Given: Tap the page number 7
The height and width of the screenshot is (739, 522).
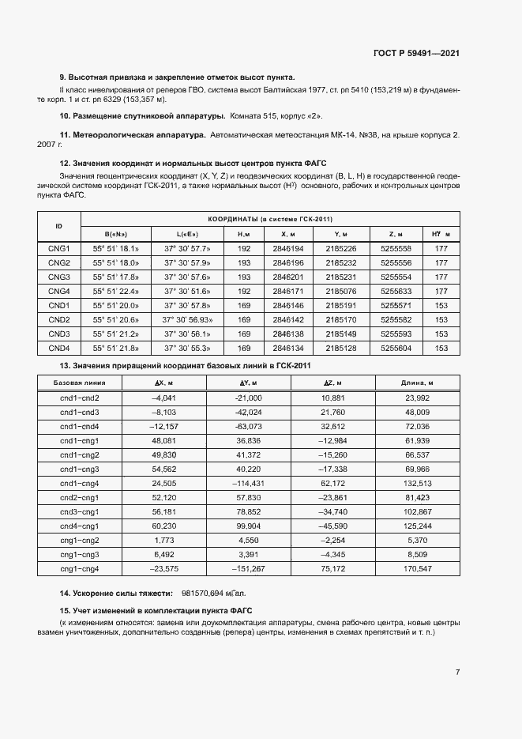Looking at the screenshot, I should coord(457,672).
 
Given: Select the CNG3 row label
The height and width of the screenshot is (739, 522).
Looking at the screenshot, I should coord(59,277).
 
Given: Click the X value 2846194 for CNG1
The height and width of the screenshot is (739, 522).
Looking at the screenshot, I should coord(287,248).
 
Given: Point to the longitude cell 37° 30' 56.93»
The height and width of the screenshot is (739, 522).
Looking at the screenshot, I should coord(187,319).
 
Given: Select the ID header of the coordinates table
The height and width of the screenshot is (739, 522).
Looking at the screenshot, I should coord(59,226).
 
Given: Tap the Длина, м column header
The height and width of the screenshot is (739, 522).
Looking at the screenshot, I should coord(417,383).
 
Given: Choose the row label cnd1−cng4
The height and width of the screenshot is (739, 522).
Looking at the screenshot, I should coord(80,483).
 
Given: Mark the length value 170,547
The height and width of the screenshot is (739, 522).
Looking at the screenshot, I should coord(417,568).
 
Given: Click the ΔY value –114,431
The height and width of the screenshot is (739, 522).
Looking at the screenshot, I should coord(248,483).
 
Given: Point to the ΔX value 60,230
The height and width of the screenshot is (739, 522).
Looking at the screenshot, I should coord(163,526).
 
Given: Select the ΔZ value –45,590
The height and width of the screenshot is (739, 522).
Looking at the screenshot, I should coord(332,526).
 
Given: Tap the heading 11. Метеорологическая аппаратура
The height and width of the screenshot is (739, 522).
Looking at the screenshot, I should coord(133,135).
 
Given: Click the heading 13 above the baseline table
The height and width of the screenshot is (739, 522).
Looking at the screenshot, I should coord(186,365).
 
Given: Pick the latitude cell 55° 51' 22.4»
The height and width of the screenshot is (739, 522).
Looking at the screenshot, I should coord(116,291).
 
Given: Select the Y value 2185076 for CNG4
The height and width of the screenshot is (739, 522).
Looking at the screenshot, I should coord(341,291).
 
